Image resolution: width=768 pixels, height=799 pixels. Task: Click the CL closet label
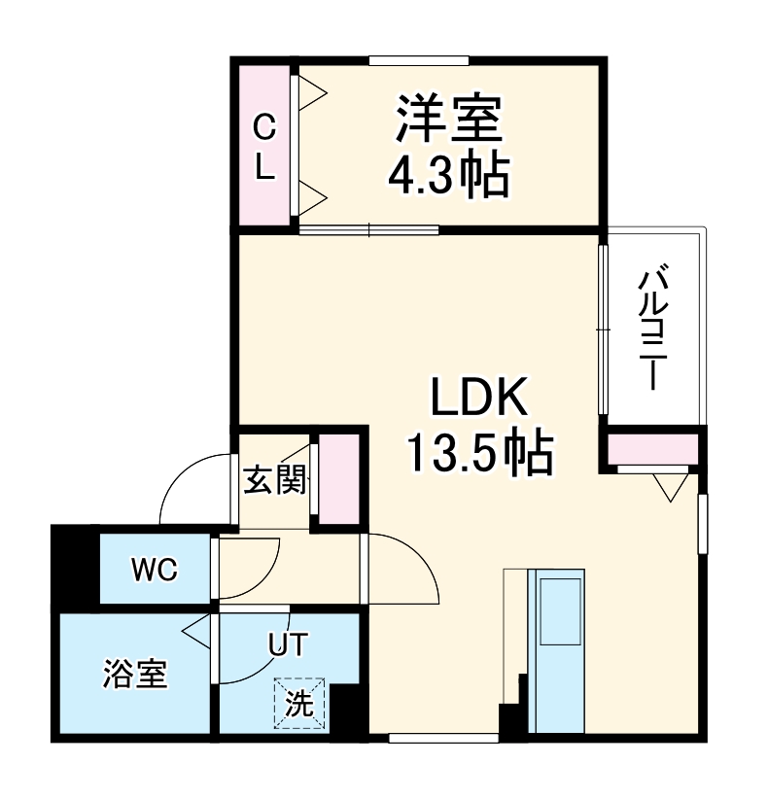pos(264,146)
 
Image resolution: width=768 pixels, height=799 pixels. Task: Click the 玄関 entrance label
pos(275,479)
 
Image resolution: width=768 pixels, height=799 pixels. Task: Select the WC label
pos(155,570)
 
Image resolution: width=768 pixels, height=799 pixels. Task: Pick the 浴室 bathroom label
pos(135,674)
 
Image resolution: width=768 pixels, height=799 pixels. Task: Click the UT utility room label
pos(289,643)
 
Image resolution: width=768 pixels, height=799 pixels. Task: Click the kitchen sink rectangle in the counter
pos(559,609)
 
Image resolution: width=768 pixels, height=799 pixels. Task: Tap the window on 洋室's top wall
pos(419,60)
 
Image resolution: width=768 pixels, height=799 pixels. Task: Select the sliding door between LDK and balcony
pos(604,329)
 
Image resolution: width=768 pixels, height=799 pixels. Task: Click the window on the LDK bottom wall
pos(430,738)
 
